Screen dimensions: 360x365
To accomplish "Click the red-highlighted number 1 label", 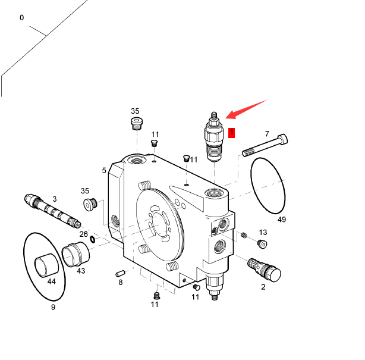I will tap(232, 133).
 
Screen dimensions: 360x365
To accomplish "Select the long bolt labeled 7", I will tap(266, 146).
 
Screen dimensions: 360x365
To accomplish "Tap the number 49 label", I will tap(282, 220).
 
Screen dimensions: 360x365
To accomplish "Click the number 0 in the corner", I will tap(22, 18).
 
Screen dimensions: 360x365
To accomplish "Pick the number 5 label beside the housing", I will tap(104, 170).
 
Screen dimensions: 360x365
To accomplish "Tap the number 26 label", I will tap(84, 234).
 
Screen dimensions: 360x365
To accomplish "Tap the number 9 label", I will tap(53, 307).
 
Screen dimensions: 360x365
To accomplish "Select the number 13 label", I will tap(263, 232).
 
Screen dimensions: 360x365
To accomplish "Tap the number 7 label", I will tap(267, 134).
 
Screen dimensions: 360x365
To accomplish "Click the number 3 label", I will tap(55, 199).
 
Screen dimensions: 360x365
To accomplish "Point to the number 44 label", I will tap(51, 281).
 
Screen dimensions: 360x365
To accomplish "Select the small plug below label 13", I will tap(262, 243).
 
